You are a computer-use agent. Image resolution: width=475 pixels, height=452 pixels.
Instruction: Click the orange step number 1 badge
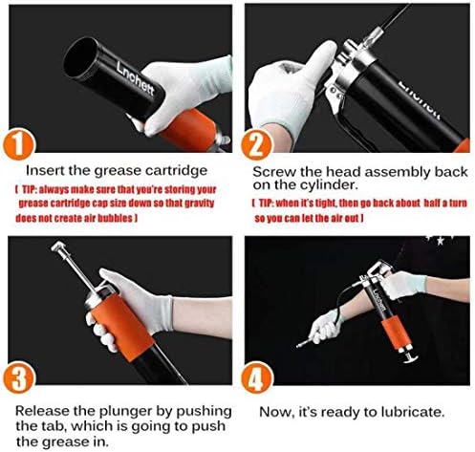(x=19, y=144)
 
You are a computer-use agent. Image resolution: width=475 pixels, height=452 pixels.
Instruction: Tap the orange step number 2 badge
(x=257, y=145)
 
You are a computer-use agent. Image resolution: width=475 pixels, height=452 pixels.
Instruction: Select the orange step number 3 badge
(x=19, y=378)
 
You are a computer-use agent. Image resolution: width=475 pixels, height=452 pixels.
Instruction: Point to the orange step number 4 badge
(x=257, y=378)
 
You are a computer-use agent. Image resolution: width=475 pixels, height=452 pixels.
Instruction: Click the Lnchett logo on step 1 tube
(x=135, y=78)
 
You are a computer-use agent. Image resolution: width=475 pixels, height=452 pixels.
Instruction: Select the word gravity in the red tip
(x=200, y=203)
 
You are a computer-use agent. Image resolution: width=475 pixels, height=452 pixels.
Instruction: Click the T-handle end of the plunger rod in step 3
(x=58, y=246)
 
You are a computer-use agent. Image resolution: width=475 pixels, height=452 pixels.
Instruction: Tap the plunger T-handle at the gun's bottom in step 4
(x=410, y=359)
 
